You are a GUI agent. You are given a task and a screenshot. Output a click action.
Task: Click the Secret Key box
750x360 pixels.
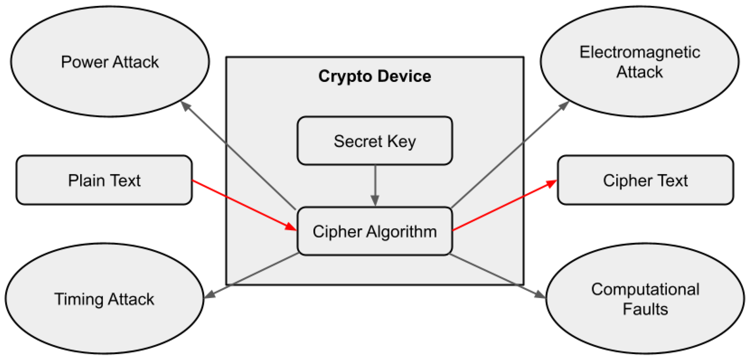tap(375, 141)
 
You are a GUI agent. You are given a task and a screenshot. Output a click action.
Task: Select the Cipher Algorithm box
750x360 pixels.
tap(375, 231)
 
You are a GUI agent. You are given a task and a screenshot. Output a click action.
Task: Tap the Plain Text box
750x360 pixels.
tap(104, 180)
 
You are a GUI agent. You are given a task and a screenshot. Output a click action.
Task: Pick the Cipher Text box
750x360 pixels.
tap(645, 180)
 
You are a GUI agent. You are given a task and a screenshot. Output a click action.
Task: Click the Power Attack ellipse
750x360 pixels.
tap(110, 62)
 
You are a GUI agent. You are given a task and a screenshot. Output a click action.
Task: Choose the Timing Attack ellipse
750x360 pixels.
tap(104, 299)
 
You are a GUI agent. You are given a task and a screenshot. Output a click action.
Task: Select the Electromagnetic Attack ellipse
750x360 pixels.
tap(640, 62)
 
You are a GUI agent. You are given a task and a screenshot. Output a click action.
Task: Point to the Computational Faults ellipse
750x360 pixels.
tap(645, 299)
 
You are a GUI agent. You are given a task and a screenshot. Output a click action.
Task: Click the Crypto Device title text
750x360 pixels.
tap(375, 76)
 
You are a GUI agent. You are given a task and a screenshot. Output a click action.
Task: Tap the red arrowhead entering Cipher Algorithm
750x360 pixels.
tap(291, 226)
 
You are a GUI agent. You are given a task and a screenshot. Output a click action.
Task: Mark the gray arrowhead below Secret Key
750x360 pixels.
tap(375, 200)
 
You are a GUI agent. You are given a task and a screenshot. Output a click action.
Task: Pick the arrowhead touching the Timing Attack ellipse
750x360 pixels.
tap(209, 295)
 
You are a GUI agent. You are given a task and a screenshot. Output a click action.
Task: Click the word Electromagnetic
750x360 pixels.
tap(640, 52)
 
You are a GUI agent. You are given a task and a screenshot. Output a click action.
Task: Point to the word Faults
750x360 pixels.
tap(645, 309)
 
